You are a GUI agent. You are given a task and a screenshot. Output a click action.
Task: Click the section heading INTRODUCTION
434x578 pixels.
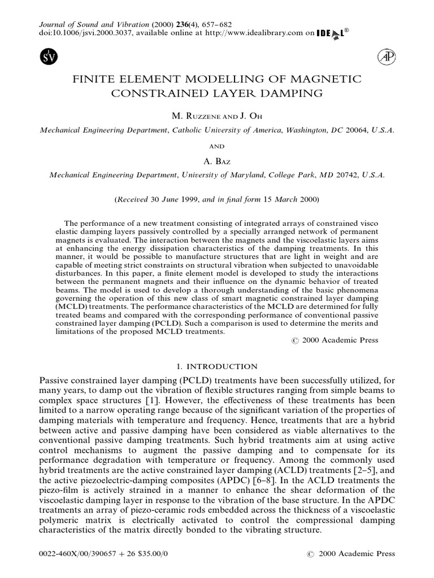point(224,366)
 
